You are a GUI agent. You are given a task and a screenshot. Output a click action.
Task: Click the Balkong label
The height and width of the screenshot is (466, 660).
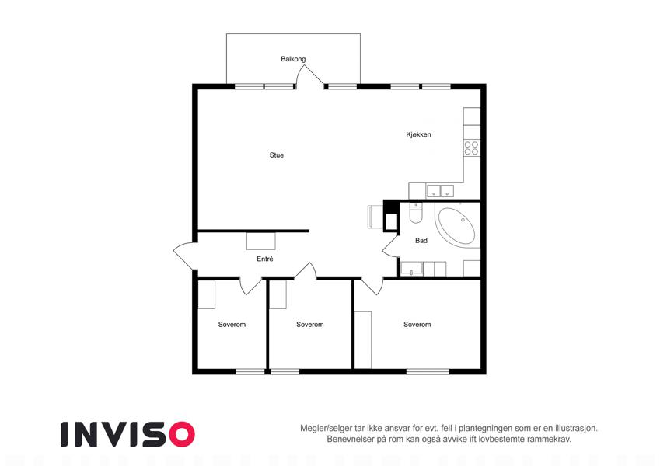[x=293, y=59]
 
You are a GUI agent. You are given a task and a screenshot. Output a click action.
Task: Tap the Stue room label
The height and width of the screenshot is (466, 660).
[x=277, y=155]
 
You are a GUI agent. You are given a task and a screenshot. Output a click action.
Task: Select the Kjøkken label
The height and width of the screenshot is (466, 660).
[x=418, y=134]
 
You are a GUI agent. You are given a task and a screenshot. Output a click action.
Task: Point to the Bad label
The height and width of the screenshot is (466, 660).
[x=421, y=241]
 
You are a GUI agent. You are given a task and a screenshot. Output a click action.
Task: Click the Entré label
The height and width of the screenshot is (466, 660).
[x=265, y=259]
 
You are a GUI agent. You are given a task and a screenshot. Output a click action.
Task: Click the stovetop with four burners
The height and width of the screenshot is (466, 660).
[x=471, y=148]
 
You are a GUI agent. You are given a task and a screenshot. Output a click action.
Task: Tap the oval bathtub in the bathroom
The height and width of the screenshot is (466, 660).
[x=456, y=226]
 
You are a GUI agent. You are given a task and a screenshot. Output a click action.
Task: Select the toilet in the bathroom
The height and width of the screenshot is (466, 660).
[x=415, y=214]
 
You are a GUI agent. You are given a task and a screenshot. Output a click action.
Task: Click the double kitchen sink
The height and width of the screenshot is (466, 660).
[x=440, y=191]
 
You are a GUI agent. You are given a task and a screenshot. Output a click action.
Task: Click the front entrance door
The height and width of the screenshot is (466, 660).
[x=185, y=256]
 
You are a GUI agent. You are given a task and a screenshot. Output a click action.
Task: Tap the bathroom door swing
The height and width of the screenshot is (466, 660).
[x=390, y=247]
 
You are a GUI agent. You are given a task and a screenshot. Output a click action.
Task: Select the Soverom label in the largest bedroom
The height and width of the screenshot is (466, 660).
[x=417, y=325]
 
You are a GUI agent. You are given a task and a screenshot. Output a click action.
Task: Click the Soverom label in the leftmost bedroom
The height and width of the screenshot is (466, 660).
[x=232, y=325]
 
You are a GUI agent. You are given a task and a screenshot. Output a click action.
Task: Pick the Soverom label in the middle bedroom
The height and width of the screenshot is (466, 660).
[x=310, y=325]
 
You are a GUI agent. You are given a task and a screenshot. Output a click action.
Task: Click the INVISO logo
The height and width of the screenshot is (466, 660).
[x=128, y=434]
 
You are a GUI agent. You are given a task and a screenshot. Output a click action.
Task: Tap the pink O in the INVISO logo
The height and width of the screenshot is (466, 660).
[x=182, y=434]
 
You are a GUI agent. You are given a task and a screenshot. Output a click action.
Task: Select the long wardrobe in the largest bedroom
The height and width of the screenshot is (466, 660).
[x=363, y=340]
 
